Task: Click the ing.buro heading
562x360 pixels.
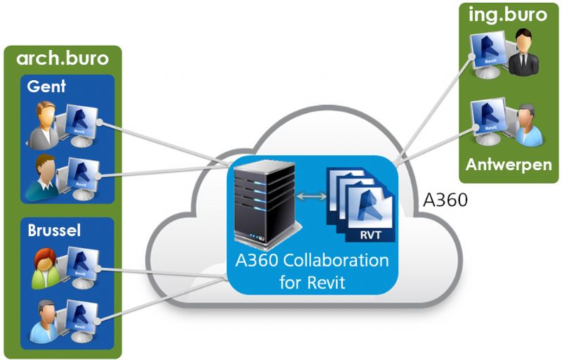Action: (507, 14)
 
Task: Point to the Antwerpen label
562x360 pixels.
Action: (508, 165)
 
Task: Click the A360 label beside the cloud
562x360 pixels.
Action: (445, 200)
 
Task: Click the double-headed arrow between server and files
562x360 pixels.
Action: (310, 198)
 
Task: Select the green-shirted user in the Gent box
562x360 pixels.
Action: (41, 176)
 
